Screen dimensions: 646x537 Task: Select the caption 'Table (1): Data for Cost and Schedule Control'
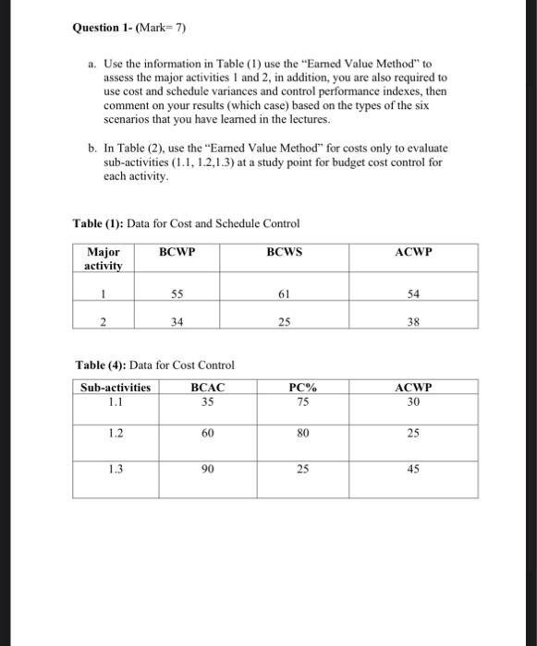coord(186,223)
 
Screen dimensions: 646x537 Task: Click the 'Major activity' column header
coord(103,258)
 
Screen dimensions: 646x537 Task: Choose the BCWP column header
coord(176,251)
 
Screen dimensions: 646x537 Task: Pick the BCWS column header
coord(284,251)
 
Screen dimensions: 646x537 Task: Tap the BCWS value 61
coord(284,293)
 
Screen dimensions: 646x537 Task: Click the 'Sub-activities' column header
coord(116,388)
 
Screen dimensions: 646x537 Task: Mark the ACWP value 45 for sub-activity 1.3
coord(412,470)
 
